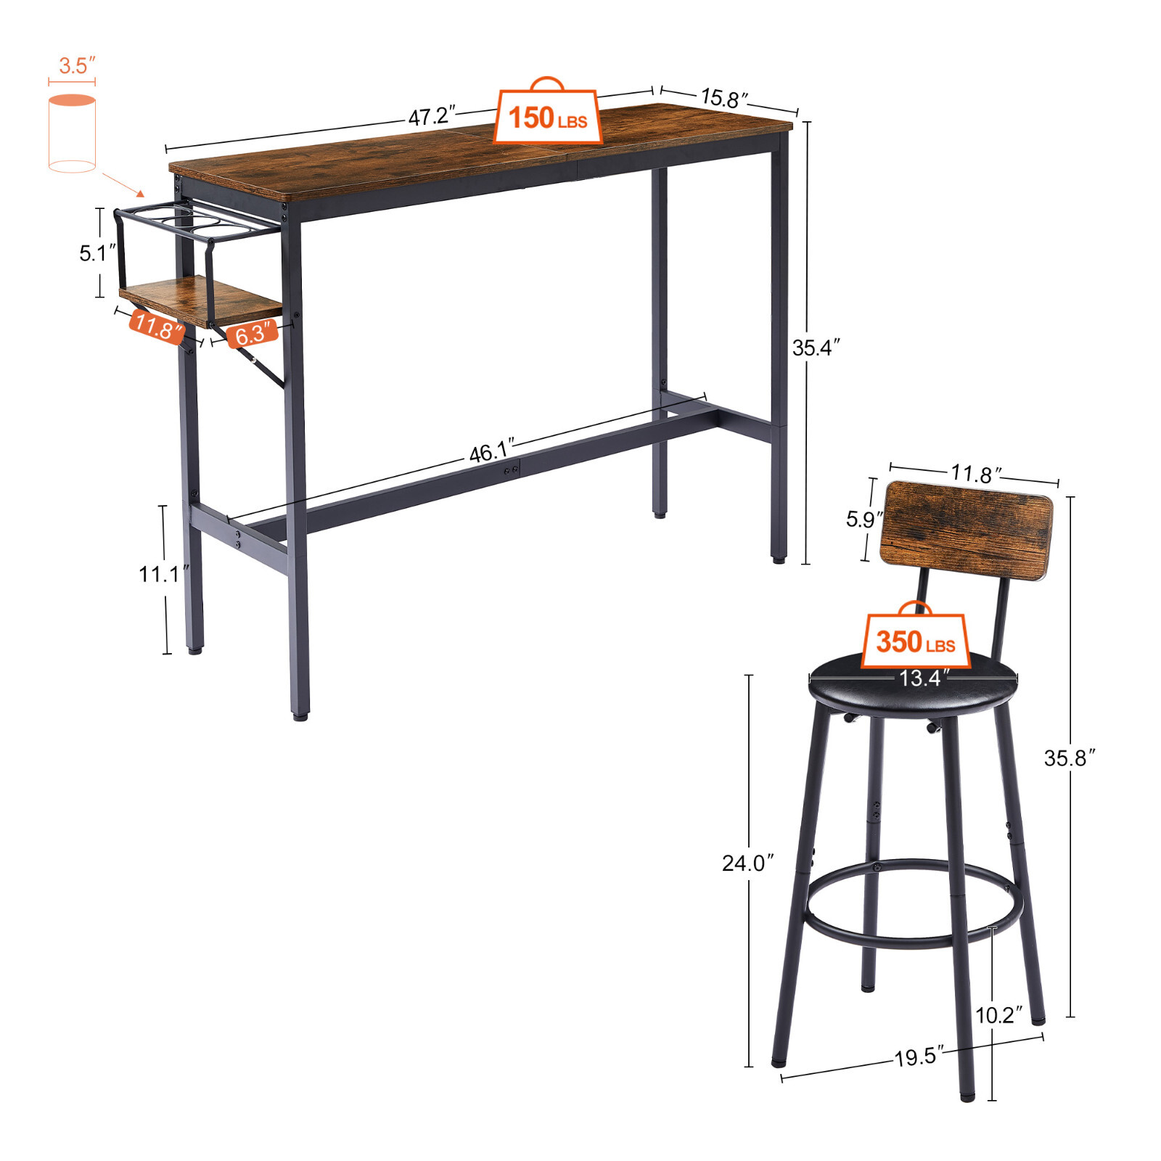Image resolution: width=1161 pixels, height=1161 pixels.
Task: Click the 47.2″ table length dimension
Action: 431,115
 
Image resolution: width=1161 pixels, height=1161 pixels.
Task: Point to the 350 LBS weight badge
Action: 915,641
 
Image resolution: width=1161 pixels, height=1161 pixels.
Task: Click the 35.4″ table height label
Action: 816,348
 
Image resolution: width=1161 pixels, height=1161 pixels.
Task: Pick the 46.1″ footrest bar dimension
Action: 491,451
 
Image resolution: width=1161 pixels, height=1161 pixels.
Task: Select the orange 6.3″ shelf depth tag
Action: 252,333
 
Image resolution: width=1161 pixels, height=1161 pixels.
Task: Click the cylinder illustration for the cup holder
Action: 72,134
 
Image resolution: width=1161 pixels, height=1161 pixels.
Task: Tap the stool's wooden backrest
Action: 966,530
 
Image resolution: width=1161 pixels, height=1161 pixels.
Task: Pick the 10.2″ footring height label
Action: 998,1015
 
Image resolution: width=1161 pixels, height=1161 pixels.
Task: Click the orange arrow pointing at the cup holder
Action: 123,184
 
